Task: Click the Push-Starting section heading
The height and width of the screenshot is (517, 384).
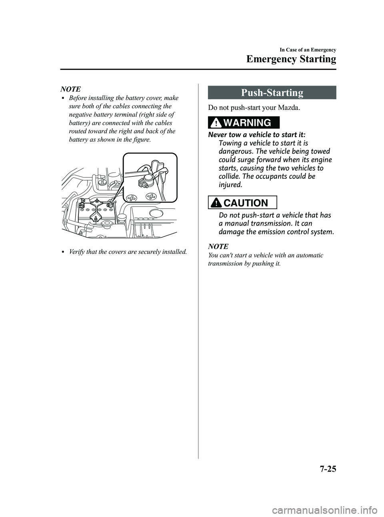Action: pos(272,93)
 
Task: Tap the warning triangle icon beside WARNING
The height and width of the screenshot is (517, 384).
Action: pos(216,122)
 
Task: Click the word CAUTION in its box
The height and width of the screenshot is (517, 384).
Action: pos(247,203)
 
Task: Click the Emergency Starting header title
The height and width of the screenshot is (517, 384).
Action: pos(291,59)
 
